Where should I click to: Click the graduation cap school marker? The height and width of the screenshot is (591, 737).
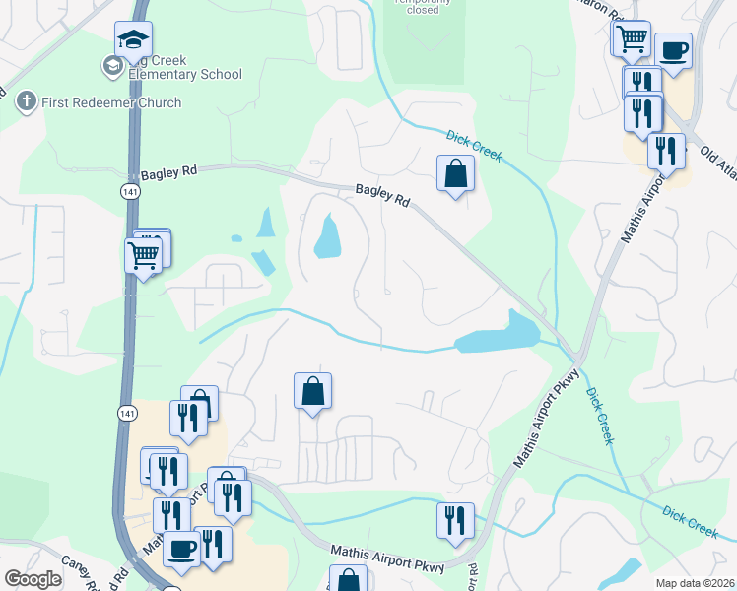133,40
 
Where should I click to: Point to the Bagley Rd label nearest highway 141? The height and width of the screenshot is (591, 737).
168,173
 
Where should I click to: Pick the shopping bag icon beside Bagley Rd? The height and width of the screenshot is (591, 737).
455,173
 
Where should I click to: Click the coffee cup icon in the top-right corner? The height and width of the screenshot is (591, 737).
673,50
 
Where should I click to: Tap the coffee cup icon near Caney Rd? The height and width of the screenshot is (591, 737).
181,549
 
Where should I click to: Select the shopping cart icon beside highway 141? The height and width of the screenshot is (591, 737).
144,256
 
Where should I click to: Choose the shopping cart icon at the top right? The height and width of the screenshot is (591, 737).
632,39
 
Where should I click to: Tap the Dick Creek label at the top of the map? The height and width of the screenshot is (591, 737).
474,147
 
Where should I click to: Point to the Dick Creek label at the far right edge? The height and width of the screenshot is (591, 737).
691,522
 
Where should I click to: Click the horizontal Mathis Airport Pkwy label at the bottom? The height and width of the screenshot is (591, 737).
388,559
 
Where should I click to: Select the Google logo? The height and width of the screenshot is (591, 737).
33,579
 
